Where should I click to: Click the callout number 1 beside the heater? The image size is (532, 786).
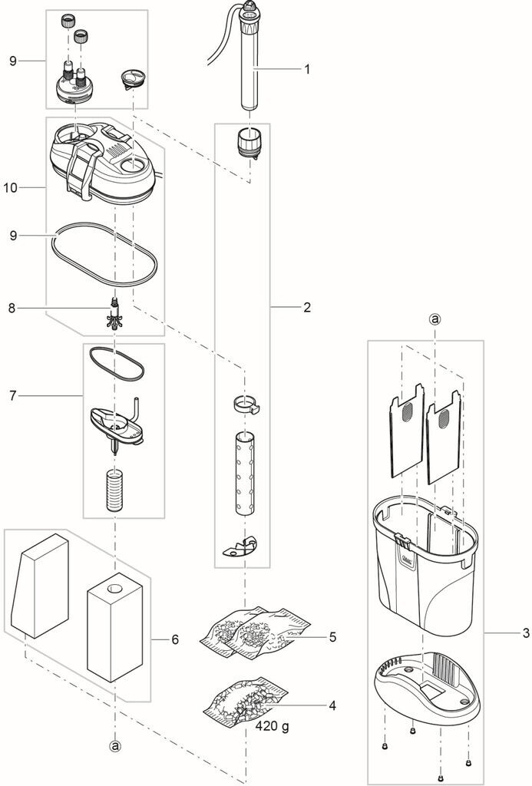click(307, 69)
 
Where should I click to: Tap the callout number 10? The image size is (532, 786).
click(10, 187)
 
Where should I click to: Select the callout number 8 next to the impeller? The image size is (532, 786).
click(12, 308)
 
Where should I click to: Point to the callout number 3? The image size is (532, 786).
click(526, 633)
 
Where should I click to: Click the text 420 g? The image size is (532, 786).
click(273, 725)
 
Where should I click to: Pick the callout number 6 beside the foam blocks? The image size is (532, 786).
click(175, 639)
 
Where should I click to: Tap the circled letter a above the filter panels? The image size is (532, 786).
click(435, 319)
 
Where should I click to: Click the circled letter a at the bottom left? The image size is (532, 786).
click(116, 746)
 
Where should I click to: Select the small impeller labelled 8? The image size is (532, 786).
click(115, 313)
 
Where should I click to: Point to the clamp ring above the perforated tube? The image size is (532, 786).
click(246, 405)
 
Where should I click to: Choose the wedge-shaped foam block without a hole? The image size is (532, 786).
click(40, 586)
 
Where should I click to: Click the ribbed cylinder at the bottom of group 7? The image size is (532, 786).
click(116, 489)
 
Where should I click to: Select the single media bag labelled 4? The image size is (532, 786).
click(245, 697)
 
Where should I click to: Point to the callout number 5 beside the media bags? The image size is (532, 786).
click(332, 637)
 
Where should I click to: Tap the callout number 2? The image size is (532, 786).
click(307, 307)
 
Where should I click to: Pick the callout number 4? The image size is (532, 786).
click(332, 706)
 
